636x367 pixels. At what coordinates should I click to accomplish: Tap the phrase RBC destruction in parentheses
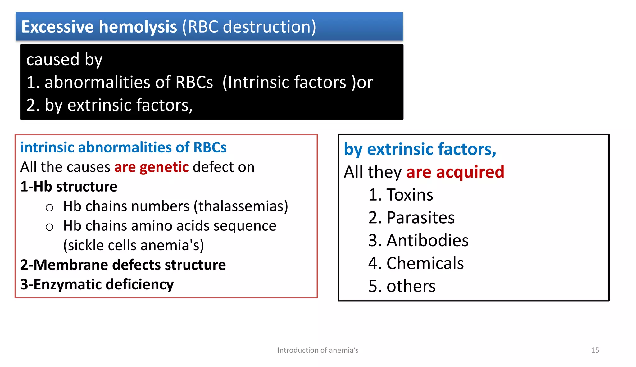coord(249,27)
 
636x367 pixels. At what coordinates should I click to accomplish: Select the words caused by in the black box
coord(64,59)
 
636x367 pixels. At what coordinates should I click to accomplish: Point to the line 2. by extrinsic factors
coord(109,105)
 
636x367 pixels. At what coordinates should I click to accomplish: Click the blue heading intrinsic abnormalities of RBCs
coord(123,147)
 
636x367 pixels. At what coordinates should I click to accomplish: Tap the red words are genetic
coord(152,167)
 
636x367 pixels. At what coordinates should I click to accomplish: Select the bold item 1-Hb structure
coord(69,187)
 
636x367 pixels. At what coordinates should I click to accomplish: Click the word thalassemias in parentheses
coord(241,206)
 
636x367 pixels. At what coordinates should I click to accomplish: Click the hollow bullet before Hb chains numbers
coord(49,207)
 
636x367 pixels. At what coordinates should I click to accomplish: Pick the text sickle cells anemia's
coord(134,245)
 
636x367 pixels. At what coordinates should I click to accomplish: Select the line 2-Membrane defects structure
coord(123,265)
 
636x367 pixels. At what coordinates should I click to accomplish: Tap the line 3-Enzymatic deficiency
coord(97,284)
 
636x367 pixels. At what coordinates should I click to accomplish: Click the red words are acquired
coord(455,172)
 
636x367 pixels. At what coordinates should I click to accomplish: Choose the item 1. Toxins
coord(401,195)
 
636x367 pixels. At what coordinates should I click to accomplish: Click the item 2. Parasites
coord(411,218)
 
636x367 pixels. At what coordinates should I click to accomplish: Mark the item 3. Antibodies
coord(418,241)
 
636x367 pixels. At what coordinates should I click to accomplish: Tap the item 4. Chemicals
coord(416,263)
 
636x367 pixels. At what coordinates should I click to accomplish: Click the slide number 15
coord(595,350)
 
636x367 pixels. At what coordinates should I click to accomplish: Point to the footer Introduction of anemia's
coord(318,350)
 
